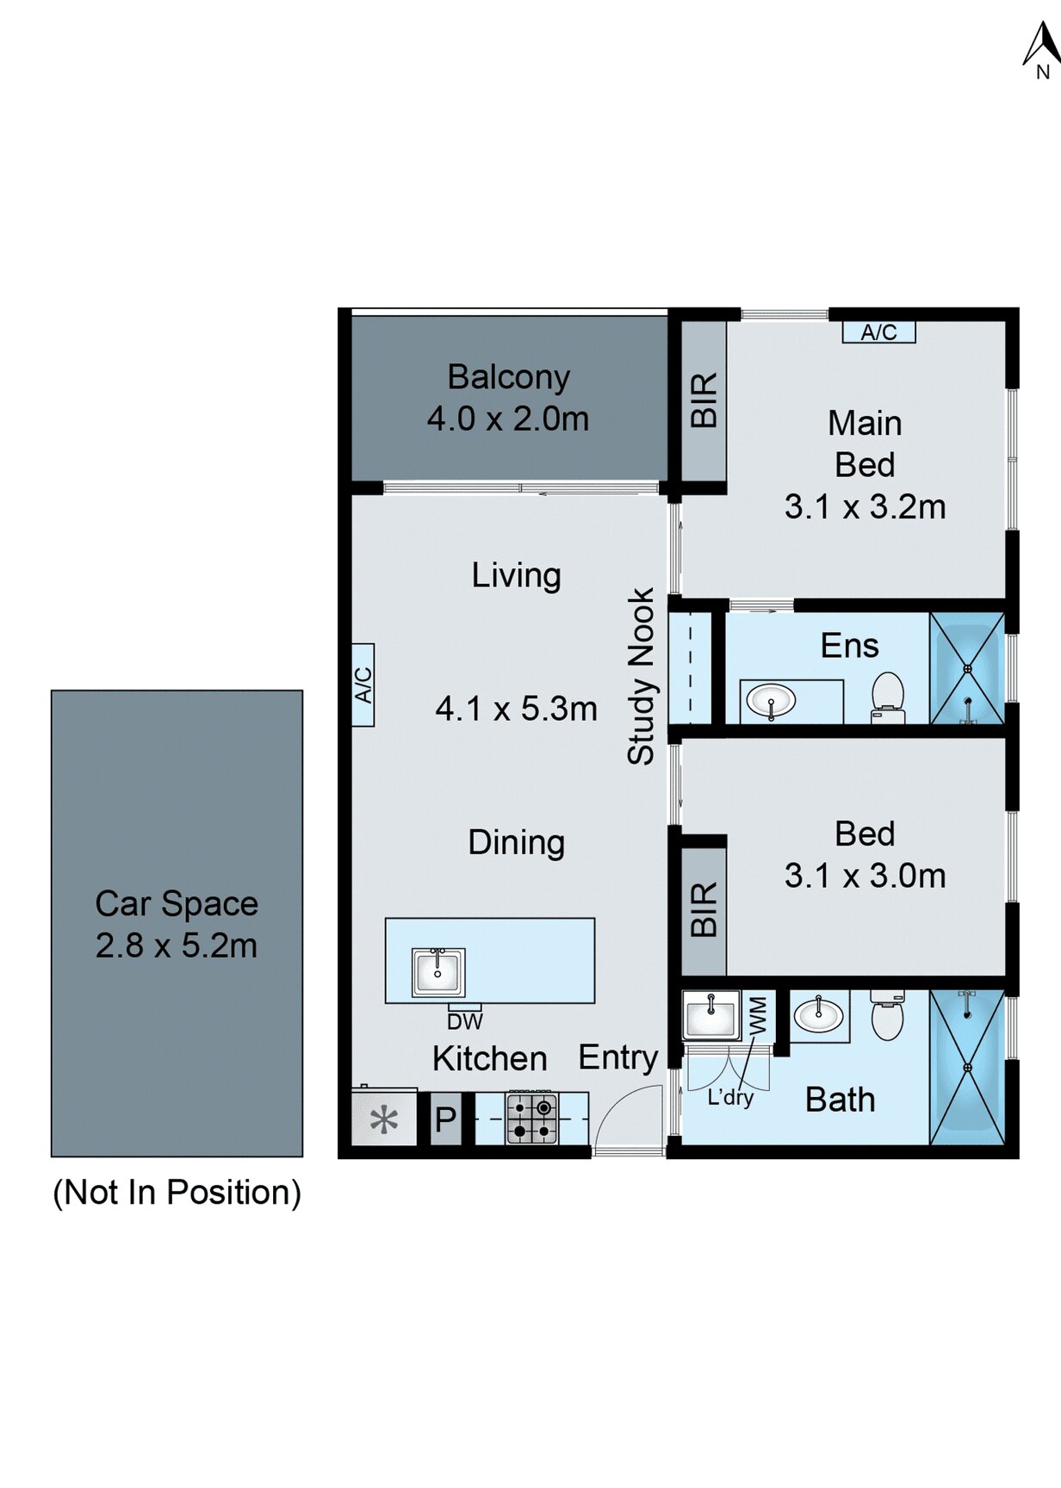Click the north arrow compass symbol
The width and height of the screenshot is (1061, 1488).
pos(1041,47)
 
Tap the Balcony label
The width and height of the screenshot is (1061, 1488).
pos(508,377)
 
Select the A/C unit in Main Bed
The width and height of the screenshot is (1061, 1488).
pos(878,332)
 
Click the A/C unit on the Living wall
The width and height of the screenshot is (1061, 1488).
pos(363,685)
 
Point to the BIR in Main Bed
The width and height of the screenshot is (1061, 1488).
pos(704,400)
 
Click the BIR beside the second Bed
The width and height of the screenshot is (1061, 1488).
pos(704,910)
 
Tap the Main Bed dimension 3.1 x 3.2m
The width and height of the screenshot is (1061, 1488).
pos(865,506)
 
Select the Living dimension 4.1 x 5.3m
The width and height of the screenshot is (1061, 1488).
pos(516,709)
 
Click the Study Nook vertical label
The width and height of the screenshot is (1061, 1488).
pos(641,676)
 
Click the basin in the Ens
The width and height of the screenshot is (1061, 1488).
pos(771,699)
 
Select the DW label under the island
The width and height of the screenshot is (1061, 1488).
pos(464,1021)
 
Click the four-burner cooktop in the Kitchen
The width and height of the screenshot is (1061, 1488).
pos(531,1118)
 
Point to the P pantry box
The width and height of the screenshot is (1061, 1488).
pos(445,1119)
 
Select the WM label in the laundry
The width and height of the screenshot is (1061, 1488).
pos(757,1015)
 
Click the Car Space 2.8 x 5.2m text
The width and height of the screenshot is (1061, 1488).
pos(177,924)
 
